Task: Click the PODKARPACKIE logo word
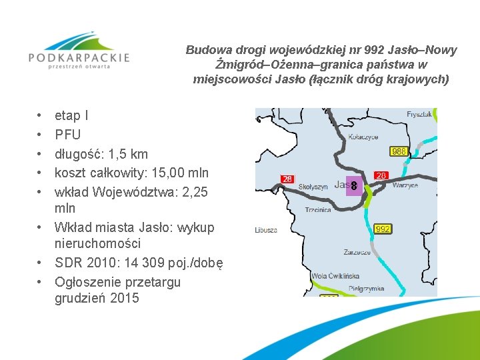[79, 58]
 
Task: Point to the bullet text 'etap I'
[71, 115]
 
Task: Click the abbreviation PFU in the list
[67, 135]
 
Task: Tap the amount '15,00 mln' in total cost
[185, 173]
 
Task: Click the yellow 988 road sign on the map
[399, 151]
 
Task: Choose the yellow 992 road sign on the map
[383, 229]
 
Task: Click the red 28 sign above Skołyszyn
[287, 179]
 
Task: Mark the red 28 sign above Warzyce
[381, 175]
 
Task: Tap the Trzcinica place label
[317, 209]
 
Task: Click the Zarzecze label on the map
[357, 253]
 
